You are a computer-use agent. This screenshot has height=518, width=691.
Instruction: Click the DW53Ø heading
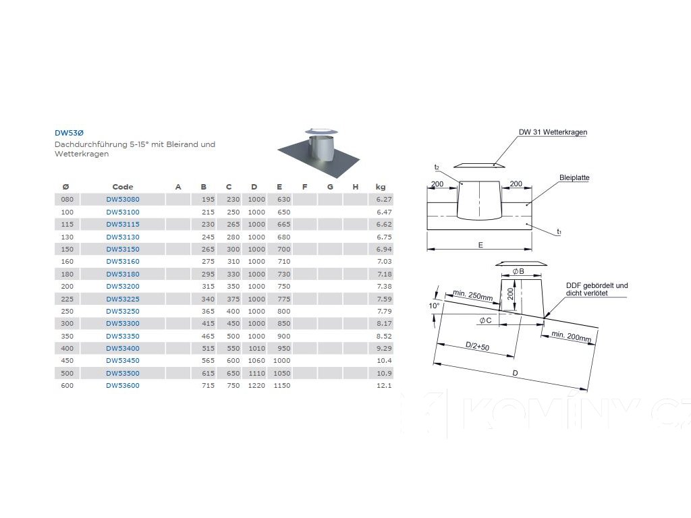click(69, 134)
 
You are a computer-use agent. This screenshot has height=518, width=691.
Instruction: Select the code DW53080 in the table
click(123, 200)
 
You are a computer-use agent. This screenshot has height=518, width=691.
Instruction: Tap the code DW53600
click(123, 386)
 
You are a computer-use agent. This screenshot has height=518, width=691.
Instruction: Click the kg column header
click(381, 187)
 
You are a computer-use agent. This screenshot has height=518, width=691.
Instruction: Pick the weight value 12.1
click(384, 386)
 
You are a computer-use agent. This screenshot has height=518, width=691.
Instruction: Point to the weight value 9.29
click(383, 348)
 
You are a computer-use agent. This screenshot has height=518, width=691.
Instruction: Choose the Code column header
click(123, 187)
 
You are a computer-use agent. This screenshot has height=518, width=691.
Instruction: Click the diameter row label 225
click(67, 299)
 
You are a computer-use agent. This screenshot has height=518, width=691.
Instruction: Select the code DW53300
click(123, 324)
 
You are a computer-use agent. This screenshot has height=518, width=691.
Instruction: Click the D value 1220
click(256, 386)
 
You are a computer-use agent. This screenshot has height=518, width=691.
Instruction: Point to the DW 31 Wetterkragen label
click(553, 132)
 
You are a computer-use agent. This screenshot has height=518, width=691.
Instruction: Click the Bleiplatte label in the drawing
click(574, 178)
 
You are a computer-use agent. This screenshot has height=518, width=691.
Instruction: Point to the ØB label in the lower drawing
click(518, 271)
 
